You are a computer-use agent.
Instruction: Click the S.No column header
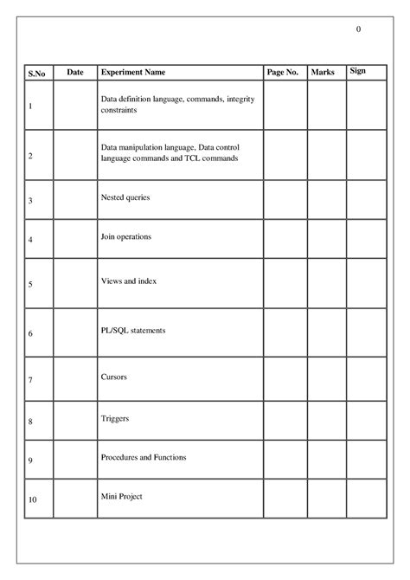pyautogui.click(x=37, y=74)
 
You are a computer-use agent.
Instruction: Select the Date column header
pyautogui.click(x=75, y=73)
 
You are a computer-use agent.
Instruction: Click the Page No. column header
pyautogui.click(x=283, y=73)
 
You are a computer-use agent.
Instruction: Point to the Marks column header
pyautogui.click(x=322, y=73)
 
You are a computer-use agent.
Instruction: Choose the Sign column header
pyautogui.click(x=357, y=70)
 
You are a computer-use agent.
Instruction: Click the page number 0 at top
pyautogui.click(x=358, y=30)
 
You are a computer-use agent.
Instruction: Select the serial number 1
pyautogui.click(x=31, y=107)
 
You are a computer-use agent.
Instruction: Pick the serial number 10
pyautogui.click(x=33, y=500)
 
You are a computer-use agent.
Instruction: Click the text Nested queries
pyautogui.click(x=125, y=198)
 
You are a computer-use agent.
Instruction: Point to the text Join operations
pyautogui.click(x=126, y=236)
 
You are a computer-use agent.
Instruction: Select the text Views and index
pyautogui.click(x=129, y=281)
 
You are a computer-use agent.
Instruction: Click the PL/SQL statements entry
pyautogui.click(x=133, y=331)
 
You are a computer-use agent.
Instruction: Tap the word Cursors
pyautogui.click(x=115, y=377)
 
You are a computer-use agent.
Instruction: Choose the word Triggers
pyautogui.click(x=116, y=419)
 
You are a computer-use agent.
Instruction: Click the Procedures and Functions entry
pyautogui.click(x=144, y=457)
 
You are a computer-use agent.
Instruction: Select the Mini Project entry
pyautogui.click(x=122, y=497)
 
